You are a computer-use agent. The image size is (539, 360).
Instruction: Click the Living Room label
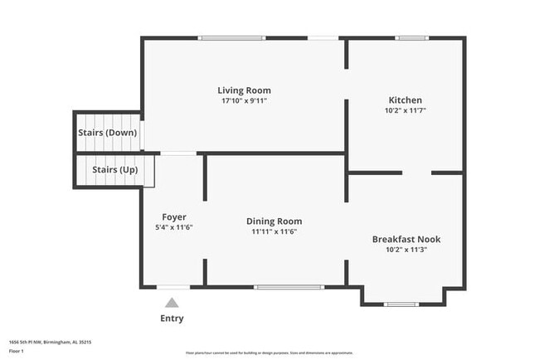tap(244, 90)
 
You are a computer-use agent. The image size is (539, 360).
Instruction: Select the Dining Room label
tap(274, 221)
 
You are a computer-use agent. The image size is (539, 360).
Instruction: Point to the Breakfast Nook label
tap(405, 239)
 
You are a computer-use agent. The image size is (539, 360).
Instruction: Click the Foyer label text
tap(174, 216)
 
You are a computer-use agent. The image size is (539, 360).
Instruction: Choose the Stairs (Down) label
tap(108, 132)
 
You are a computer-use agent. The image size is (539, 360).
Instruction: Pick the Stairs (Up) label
tap(115, 169)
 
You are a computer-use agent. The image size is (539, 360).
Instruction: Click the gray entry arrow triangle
tap(172, 303)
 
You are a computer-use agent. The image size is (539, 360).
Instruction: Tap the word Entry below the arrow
tap(172, 319)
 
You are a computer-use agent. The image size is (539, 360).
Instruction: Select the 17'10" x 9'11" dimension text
tap(244, 101)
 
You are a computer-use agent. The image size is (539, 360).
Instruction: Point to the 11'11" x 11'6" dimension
tap(274, 232)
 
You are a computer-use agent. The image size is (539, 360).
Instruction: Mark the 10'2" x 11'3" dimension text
tap(405, 250)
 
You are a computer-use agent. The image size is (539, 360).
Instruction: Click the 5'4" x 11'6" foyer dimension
tap(174, 227)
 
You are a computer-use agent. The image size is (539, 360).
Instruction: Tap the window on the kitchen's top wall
tap(411, 37)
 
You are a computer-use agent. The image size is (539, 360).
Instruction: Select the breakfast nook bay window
tap(403, 304)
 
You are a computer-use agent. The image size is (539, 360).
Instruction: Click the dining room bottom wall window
tap(289, 287)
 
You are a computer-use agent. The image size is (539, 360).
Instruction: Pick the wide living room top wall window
tap(232, 37)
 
